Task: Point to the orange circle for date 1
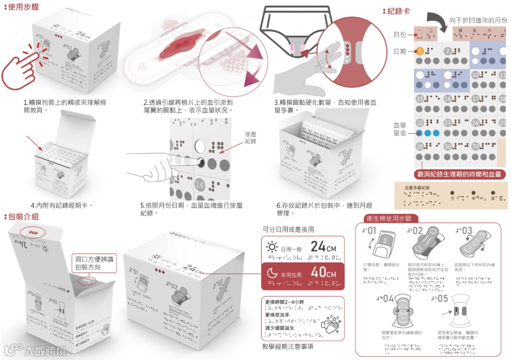pyautogui.click(x=420, y=51)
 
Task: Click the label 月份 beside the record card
pyautogui.click(x=399, y=35)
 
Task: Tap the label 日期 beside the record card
pyautogui.click(x=399, y=51)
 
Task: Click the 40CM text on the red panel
pyautogui.click(x=324, y=273)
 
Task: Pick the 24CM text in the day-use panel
pyautogui.click(x=324, y=246)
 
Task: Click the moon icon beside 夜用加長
pyautogui.click(x=272, y=273)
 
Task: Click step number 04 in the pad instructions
pyautogui.click(x=386, y=299)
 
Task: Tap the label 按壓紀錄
pyautogui.click(x=251, y=138)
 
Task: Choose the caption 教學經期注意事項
pyautogui.click(x=287, y=347)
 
